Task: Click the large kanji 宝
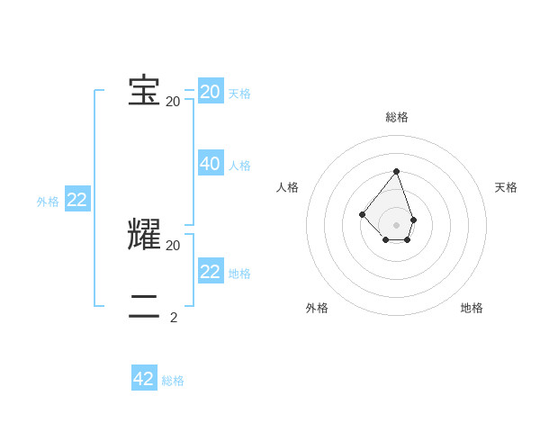(144, 92)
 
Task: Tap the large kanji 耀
(144, 235)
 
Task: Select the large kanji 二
(144, 307)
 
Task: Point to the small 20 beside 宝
(173, 102)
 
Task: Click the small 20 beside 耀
(173, 245)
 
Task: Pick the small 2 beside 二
(174, 317)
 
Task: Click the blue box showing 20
(211, 92)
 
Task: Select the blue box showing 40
(211, 164)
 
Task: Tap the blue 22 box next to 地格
(211, 272)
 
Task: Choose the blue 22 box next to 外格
(77, 200)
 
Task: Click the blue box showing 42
(144, 379)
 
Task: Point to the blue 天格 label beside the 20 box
(239, 94)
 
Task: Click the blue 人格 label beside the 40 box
(239, 166)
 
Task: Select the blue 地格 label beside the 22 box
(239, 274)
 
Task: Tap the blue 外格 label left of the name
(48, 202)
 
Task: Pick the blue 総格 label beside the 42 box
(173, 381)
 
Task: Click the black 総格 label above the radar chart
(397, 117)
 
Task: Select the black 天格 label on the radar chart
(506, 187)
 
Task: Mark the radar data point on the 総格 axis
(396, 171)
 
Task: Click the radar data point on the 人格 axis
(362, 214)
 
